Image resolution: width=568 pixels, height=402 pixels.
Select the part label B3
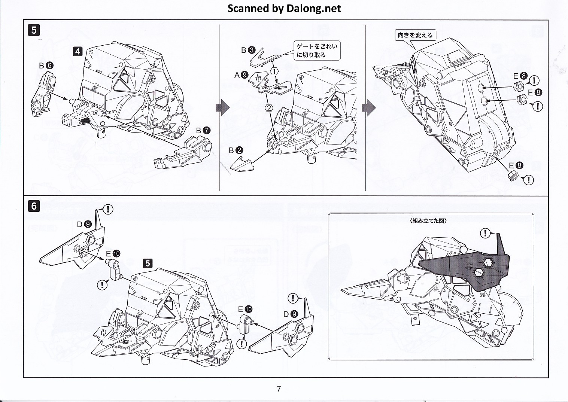tap(248, 50)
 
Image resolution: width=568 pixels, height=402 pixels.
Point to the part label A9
tap(242, 75)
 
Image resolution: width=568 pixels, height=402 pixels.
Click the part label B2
tap(236, 150)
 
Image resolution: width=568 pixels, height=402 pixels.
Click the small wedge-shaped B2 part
tap(242, 164)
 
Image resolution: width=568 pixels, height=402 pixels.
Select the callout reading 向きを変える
tap(415, 35)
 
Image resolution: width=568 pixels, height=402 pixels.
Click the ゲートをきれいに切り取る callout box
tap(317, 51)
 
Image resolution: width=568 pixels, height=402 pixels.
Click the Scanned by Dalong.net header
tap(284, 8)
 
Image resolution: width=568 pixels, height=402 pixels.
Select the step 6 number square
tap(34, 206)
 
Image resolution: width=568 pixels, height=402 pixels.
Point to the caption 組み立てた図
tap(428, 221)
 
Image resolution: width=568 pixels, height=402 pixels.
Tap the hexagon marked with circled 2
tap(268, 108)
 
